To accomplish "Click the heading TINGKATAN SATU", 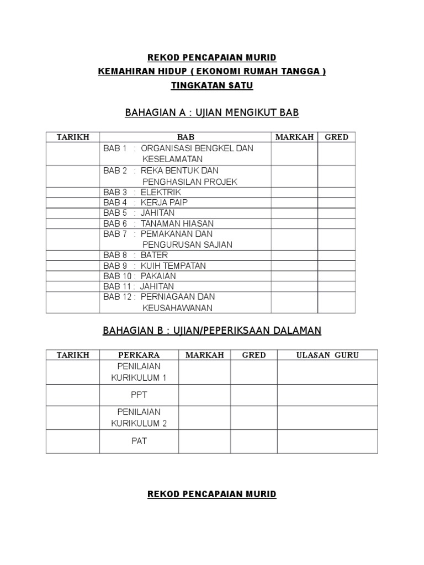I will (212, 86).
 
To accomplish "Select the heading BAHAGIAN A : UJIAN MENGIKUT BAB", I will (212, 113).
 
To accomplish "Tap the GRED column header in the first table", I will (336, 137).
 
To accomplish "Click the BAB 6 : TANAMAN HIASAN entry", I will (158, 223).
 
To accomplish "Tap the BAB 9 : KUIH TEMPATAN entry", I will (155, 266).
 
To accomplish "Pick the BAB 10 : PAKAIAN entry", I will (140, 276).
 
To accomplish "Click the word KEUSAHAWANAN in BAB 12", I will (177, 308).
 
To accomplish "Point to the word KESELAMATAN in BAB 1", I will (173, 159).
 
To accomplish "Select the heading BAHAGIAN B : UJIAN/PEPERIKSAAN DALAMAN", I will (212, 331).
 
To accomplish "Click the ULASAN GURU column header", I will (327, 355).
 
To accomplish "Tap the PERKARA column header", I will (139, 355).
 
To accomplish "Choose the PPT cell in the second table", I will (139, 395).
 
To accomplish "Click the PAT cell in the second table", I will (139, 441).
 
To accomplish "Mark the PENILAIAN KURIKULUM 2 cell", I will (139, 418).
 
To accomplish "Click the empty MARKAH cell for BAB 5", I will (294, 213).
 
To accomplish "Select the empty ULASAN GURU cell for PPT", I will (327, 395).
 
